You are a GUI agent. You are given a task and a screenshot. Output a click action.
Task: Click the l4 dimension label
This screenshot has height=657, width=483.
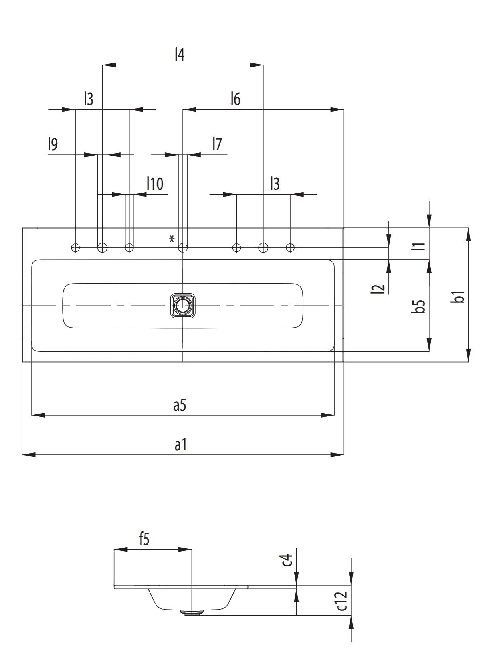click(180, 55)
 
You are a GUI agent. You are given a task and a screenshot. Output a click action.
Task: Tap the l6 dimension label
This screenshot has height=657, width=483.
click(236, 99)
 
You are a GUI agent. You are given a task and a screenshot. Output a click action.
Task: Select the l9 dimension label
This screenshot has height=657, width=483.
click(53, 144)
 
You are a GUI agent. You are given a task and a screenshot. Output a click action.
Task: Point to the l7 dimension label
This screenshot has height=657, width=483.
click(217, 144)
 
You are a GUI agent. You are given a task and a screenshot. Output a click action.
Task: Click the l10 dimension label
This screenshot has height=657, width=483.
click(155, 184)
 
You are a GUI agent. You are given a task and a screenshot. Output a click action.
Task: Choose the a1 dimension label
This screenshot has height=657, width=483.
click(180, 444)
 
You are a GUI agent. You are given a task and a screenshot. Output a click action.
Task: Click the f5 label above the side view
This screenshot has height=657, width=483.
click(144, 539)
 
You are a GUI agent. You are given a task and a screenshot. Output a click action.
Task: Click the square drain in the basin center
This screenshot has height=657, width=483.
click(183, 306)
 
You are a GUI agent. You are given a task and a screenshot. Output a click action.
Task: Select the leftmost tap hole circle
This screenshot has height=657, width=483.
click(75, 248)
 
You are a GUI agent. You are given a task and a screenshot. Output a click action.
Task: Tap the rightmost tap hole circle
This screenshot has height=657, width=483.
click(290, 248)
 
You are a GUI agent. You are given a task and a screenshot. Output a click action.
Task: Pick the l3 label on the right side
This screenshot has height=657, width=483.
click(275, 184)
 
